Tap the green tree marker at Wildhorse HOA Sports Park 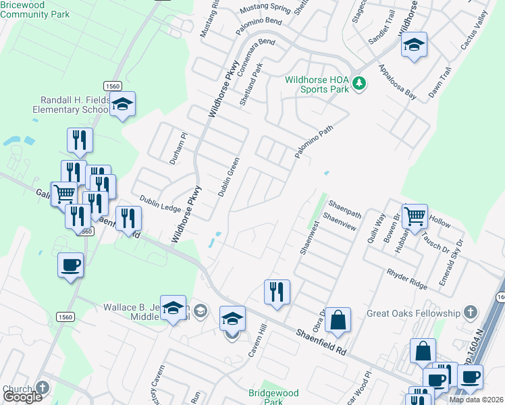point(360,83)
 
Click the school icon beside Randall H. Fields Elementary point(122,104)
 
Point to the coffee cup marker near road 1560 point(70,265)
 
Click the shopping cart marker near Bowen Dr point(415,217)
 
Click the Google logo point(22,397)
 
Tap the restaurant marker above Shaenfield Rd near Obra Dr point(277,292)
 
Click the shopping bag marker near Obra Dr point(338,320)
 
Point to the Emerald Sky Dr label point(451,261)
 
